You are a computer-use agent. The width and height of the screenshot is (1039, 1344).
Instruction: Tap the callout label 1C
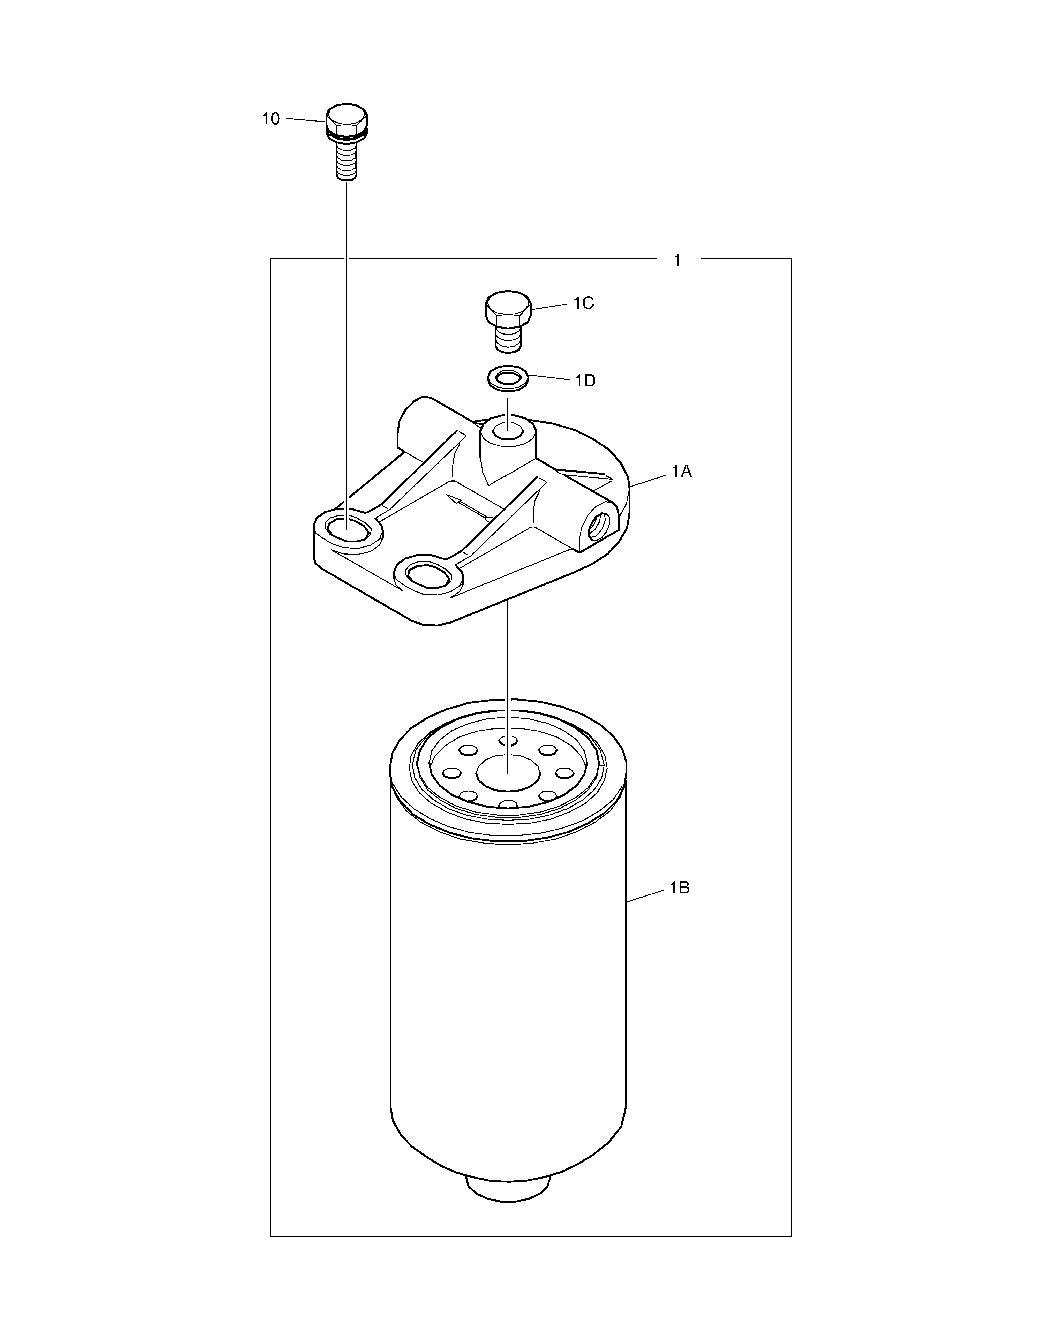coord(584,303)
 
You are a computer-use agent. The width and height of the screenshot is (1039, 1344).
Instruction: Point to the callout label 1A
coord(681,471)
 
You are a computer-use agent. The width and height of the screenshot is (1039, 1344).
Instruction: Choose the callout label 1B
coord(680,888)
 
